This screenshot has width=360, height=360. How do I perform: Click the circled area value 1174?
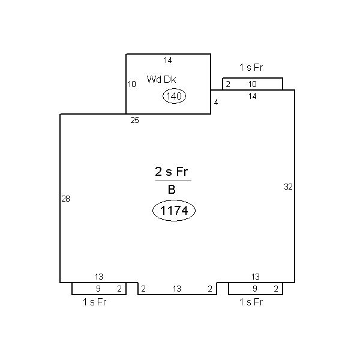pyautogui.click(x=174, y=211)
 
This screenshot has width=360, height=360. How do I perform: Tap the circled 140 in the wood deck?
pyautogui.click(x=174, y=96)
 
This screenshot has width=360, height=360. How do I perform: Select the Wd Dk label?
pyautogui.click(x=161, y=79)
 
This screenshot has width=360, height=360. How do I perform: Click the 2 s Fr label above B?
pyautogui.click(x=172, y=172)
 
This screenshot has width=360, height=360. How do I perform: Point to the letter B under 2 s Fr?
pyautogui.click(x=172, y=190)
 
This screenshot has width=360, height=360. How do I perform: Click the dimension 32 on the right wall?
pyautogui.click(x=288, y=187)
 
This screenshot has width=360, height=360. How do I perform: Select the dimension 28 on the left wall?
pyautogui.click(x=65, y=199)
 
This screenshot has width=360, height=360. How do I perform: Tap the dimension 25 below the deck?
pyautogui.click(x=135, y=121)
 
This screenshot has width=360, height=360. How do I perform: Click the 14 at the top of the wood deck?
pyautogui.click(x=168, y=61)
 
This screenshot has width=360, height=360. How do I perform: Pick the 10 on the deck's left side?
pyautogui.click(x=132, y=84)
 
